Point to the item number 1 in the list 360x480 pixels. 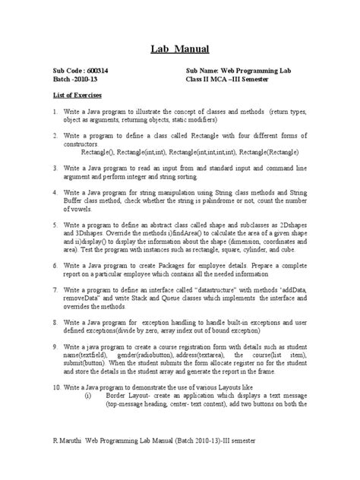tap(55, 112)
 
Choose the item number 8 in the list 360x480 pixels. tap(55, 322)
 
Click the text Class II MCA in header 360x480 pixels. tap(211, 79)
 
